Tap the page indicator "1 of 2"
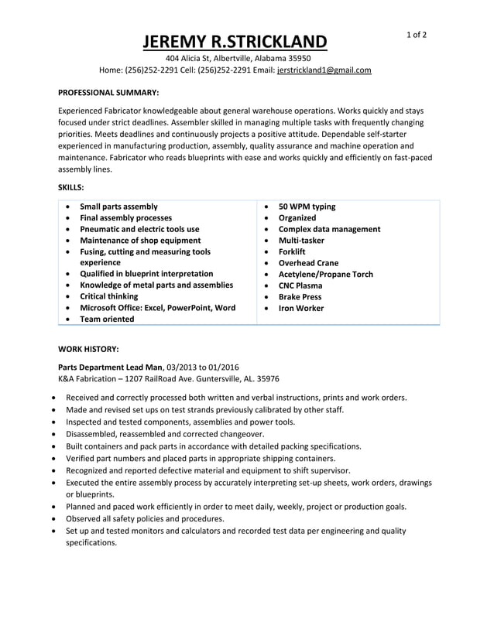417,35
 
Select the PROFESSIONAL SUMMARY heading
108,92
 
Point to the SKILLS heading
71,187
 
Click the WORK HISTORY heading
88,349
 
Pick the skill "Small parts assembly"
118,207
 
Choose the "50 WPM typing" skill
307,207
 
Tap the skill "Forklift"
292,251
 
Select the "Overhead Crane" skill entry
308,263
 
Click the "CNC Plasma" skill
301,285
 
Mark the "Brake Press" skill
300,296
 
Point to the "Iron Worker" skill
301,308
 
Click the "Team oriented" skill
107,319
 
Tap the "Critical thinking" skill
109,296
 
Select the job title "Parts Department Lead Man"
111,367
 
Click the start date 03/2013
184,367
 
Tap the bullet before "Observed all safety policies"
53,519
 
